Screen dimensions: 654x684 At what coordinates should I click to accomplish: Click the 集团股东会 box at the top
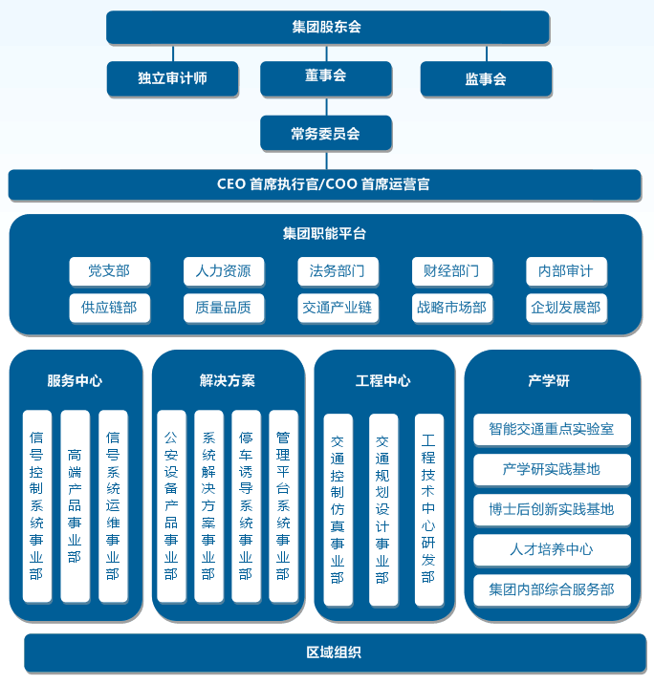tap(328, 27)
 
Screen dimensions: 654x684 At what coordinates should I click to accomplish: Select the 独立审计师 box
tap(172, 78)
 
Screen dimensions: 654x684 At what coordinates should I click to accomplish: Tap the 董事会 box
tap(326, 78)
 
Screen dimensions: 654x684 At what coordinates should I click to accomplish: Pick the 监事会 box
tap(486, 78)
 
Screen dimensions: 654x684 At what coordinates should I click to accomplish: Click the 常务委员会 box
tap(326, 133)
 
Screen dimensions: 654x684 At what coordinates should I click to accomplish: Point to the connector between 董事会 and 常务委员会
tap(327, 106)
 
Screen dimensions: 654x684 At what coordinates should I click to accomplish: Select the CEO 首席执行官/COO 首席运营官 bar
tap(324, 185)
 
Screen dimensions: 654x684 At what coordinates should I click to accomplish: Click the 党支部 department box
tap(110, 271)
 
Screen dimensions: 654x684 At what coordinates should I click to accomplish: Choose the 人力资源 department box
tap(224, 271)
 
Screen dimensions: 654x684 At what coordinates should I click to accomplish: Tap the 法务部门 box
tap(338, 271)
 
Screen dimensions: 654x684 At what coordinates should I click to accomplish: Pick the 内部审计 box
tap(566, 271)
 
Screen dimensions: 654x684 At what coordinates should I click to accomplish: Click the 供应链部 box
tap(110, 308)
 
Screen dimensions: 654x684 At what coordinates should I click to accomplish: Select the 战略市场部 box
tap(452, 308)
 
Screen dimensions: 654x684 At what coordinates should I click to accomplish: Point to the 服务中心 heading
tap(75, 381)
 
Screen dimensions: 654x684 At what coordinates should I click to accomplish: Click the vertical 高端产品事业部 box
tap(76, 506)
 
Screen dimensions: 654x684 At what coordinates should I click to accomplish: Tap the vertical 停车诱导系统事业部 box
tap(247, 506)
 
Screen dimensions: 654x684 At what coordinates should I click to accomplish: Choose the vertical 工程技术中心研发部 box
tap(428, 509)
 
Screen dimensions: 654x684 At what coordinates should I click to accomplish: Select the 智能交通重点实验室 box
tap(552, 429)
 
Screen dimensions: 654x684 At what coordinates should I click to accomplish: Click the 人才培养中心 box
tap(552, 549)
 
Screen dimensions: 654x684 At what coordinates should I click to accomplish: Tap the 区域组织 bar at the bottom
tap(335, 652)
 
